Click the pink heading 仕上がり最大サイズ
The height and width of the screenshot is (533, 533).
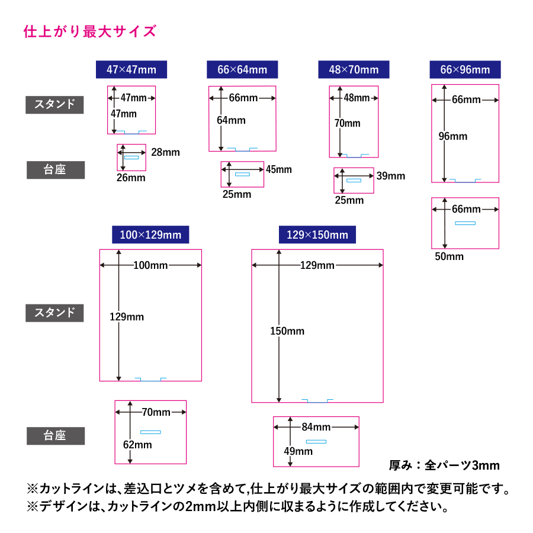click(x=89, y=31)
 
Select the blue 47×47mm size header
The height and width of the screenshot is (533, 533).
click(x=131, y=69)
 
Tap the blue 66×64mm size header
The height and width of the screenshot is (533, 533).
click(x=242, y=69)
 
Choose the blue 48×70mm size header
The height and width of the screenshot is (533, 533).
click(x=354, y=69)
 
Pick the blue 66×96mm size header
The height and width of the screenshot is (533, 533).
click(x=465, y=69)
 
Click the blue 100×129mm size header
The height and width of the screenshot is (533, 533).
click(x=150, y=235)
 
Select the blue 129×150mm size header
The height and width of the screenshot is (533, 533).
click(x=317, y=235)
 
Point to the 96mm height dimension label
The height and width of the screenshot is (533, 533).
click(x=453, y=136)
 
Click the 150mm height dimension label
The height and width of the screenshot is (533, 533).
click(x=287, y=331)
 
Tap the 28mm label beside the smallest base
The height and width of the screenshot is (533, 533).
click(x=165, y=153)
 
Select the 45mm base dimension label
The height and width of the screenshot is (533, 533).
click(x=278, y=170)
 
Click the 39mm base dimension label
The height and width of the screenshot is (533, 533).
click(x=391, y=176)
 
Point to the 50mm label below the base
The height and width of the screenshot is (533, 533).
click(x=449, y=256)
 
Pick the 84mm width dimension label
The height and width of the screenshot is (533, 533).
click(x=316, y=427)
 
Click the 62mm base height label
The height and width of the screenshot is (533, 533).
click(x=137, y=445)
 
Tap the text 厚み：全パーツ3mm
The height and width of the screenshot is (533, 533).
click(x=444, y=465)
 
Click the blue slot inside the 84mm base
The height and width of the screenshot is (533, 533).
click(x=316, y=441)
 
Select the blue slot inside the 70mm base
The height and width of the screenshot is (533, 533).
click(x=150, y=432)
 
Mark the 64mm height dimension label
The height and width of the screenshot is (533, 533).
click(x=231, y=120)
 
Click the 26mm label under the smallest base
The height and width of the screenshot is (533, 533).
click(x=130, y=178)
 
